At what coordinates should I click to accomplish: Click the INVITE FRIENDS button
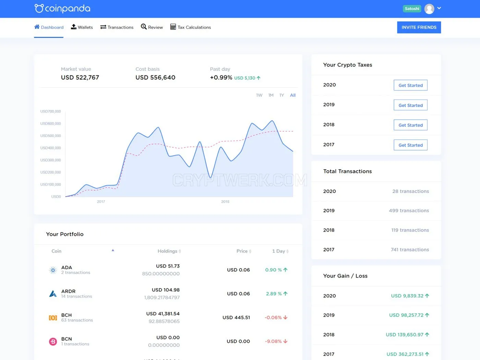tap(419, 27)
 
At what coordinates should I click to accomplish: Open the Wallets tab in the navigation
tap(82, 27)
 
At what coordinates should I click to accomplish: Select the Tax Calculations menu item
tap(191, 27)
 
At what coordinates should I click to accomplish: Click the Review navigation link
tap(152, 27)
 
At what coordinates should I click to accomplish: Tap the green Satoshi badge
tap(412, 9)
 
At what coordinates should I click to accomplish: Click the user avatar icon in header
tap(429, 9)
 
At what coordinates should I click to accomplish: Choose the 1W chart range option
tap(259, 95)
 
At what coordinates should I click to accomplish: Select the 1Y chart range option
tap(282, 95)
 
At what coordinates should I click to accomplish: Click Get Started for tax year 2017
tap(410, 145)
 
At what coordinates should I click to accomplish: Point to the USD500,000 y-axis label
tap(50, 136)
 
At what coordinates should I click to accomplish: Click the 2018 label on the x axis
tap(225, 202)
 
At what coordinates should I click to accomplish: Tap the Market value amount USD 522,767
tap(80, 77)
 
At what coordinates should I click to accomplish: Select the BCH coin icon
tap(53, 317)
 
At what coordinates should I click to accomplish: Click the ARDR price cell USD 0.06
tap(238, 293)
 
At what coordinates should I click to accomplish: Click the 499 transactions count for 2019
tap(409, 211)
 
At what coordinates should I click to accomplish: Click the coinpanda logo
tap(62, 9)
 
